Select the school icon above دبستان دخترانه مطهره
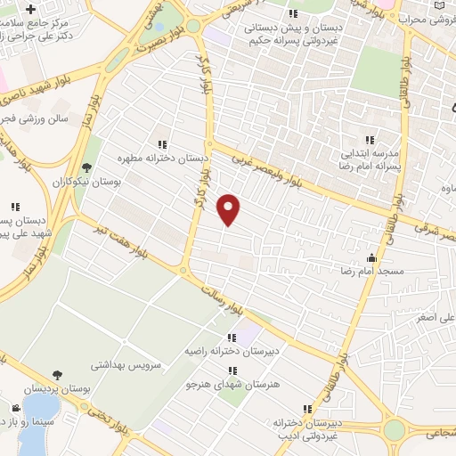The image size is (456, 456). click(x=162, y=144)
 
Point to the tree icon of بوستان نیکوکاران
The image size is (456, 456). click(x=86, y=167)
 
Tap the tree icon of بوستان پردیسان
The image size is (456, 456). click(x=57, y=375)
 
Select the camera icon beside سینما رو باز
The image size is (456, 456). click(x=15, y=408)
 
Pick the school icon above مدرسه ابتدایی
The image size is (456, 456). click(x=370, y=140)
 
